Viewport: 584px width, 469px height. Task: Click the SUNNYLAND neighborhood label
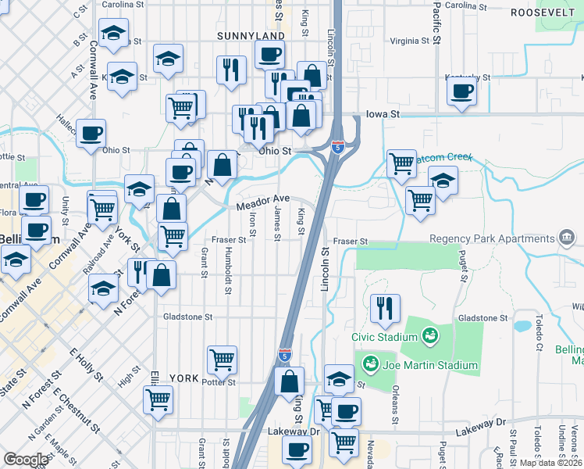[229, 36]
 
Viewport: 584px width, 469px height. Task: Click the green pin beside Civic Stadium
[429, 337]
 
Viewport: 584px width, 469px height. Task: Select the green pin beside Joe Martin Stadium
[371, 364]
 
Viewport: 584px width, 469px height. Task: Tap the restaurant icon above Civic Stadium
[384, 308]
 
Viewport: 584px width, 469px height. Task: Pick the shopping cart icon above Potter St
[222, 360]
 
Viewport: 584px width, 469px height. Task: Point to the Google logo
[27, 460]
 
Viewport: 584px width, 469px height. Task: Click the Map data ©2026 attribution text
[551, 463]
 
